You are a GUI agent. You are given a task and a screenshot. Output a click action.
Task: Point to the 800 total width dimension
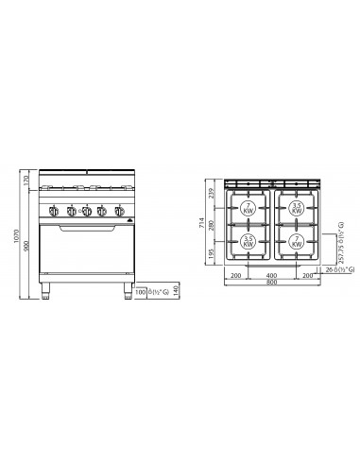[x=272, y=283]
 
